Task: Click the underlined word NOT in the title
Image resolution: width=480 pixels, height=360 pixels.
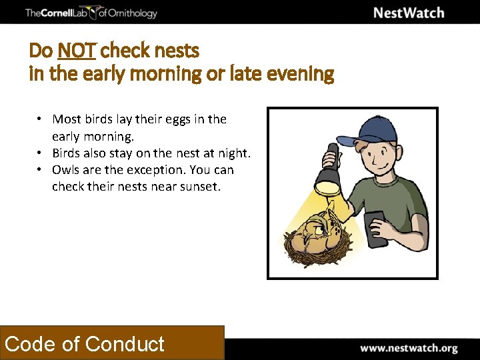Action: [77, 51]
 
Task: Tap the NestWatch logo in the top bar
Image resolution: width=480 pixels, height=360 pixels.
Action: [408, 13]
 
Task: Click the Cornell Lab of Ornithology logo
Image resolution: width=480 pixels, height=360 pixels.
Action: [91, 13]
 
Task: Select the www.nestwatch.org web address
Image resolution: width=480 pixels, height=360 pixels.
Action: [409, 348]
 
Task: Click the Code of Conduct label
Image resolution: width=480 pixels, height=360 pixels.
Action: [85, 344]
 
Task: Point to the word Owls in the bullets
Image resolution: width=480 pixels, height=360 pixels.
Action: [65, 170]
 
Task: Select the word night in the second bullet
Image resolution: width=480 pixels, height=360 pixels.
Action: [232, 153]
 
